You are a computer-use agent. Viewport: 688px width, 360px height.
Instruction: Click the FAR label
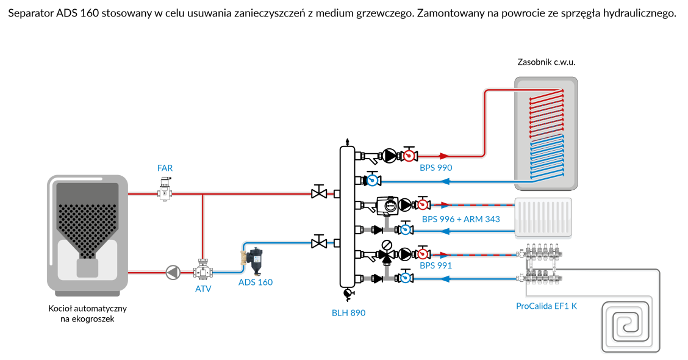click(165, 167)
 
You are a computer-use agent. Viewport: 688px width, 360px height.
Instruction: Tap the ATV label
click(203, 289)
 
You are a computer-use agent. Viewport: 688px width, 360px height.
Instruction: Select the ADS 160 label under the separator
click(256, 282)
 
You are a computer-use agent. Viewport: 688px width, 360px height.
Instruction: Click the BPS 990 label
click(436, 167)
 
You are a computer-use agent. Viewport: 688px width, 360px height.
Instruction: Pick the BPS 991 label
click(436, 265)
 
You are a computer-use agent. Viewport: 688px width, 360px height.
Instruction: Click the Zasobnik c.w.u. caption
click(546, 62)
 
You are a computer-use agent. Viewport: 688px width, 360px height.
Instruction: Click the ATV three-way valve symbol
click(202, 272)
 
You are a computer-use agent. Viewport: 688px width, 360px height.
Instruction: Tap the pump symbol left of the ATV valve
click(173, 272)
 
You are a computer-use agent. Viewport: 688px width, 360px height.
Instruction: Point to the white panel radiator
click(543, 217)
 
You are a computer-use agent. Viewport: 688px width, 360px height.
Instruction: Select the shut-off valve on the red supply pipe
click(317, 194)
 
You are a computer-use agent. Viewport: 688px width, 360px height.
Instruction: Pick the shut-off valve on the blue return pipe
click(317, 243)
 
